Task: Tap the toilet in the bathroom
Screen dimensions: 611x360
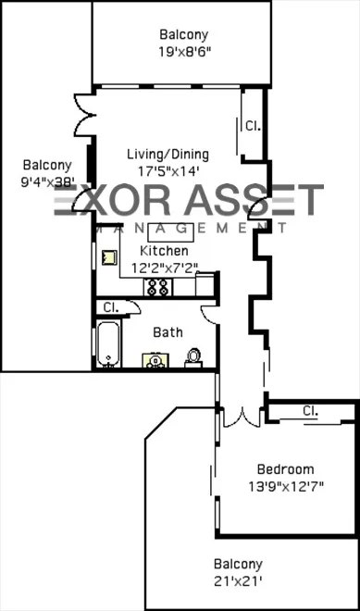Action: (194, 355)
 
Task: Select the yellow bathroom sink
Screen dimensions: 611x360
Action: (152, 360)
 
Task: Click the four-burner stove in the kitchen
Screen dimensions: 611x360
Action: (155, 287)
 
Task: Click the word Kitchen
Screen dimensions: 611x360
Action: (164, 251)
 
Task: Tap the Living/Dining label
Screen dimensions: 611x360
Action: (173, 155)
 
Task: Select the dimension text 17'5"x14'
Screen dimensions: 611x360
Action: (168, 171)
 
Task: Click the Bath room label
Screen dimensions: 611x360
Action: (168, 332)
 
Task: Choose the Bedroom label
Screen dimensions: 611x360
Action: (285, 469)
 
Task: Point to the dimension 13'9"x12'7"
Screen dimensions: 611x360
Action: (285, 486)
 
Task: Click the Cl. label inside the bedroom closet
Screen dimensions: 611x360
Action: (310, 410)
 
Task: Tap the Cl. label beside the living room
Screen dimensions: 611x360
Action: (252, 124)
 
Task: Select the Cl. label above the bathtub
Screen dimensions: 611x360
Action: (110, 306)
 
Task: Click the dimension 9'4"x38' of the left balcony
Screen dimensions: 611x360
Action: (47, 182)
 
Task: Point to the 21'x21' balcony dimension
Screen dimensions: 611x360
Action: (238, 580)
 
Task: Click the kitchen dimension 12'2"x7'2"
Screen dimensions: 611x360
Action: (164, 268)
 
